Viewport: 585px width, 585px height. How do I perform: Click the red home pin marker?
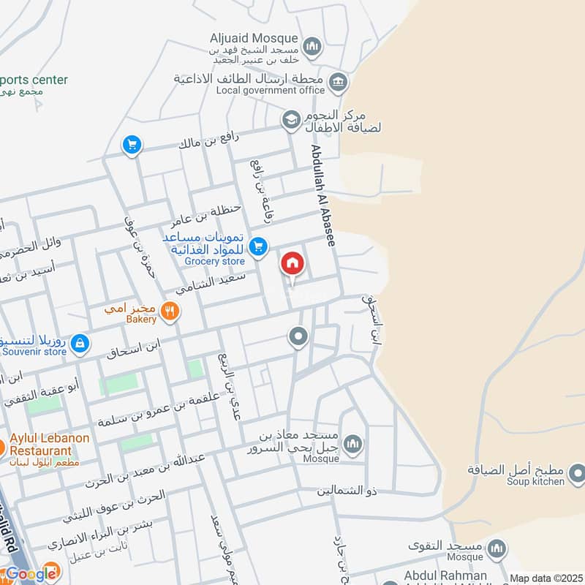tap(292, 263)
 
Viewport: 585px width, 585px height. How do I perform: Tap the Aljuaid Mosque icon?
tap(312, 46)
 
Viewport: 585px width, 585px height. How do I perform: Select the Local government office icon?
tap(338, 82)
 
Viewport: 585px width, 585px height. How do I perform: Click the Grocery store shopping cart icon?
tap(257, 248)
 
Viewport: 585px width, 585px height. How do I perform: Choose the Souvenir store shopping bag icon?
tap(80, 342)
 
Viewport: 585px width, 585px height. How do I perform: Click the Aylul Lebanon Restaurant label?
tap(49, 444)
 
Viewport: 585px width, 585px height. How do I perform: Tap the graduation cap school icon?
tap(291, 119)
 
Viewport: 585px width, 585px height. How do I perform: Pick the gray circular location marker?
tap(298, 337)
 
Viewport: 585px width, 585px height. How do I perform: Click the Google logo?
tap(30, 573)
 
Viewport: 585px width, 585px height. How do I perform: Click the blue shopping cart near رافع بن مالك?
tap(132, 146)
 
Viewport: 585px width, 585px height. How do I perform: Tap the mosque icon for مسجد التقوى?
tap(497, 548)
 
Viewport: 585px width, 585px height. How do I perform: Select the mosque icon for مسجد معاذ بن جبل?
tap(352, 444)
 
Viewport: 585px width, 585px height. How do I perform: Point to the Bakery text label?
tap(141, 319)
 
